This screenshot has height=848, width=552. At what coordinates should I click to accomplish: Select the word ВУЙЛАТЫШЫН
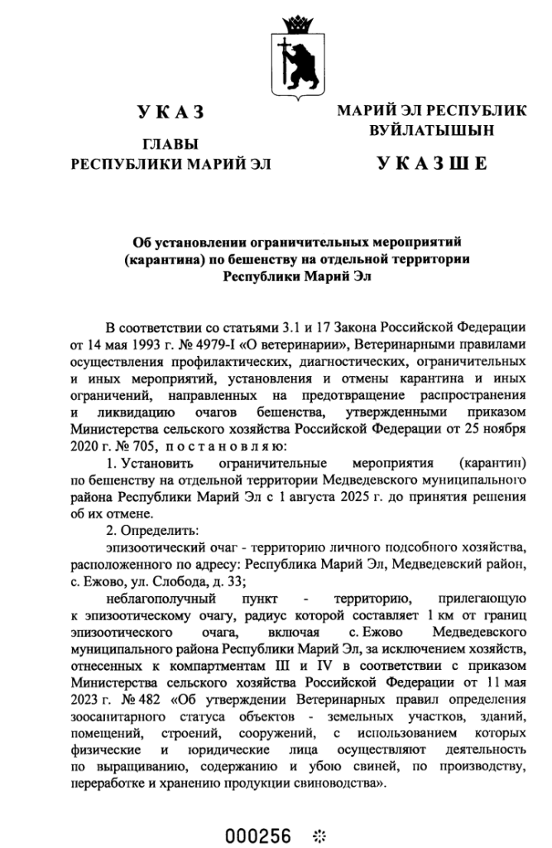tap(432, 130)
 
